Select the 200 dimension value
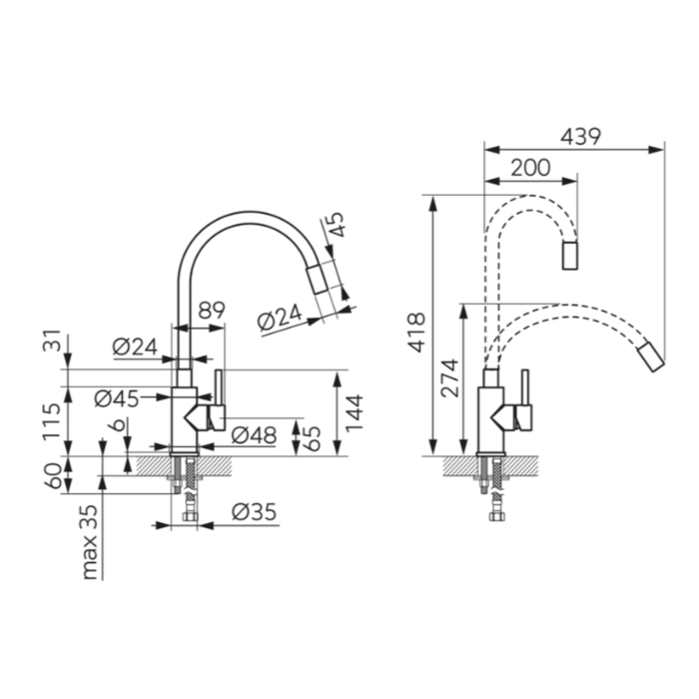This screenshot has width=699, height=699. coord(530,169)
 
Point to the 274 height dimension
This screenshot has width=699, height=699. coord(449,377)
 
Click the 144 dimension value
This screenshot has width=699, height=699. coord(354,412)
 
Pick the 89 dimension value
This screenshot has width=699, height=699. coord(211,312)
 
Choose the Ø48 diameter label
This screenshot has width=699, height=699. coord(253,434)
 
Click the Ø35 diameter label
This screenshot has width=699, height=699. coord(254,512)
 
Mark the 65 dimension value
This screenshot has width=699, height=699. coord(312,436)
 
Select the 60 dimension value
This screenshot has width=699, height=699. coord(51,474)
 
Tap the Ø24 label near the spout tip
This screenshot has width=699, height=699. coord(279,321)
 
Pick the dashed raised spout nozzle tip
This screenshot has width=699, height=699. coord(570,256)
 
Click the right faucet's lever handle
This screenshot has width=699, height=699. coord(521,404)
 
